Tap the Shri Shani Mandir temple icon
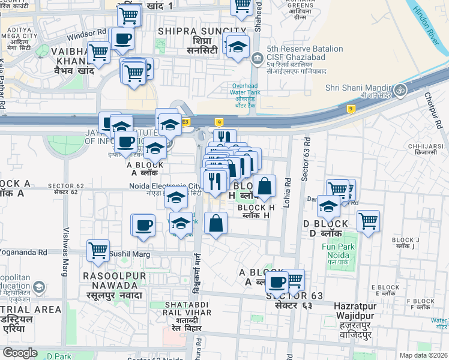400,90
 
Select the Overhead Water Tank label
245,94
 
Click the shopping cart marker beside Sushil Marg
98,250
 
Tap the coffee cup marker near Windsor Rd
123,38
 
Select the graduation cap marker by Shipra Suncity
238,46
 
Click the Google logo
20,352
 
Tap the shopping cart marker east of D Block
368,220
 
